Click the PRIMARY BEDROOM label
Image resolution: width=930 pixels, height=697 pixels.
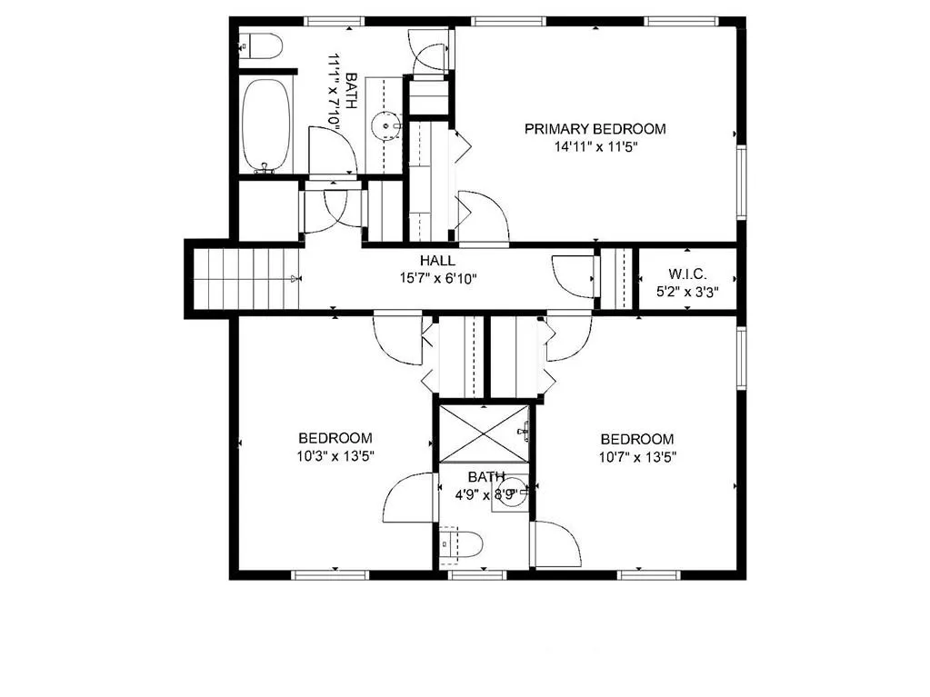[595, 129]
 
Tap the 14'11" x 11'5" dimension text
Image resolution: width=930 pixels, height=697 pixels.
[595, 147]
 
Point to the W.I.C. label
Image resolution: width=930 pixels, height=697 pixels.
[687, 274]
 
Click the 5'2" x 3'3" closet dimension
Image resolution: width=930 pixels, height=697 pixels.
[687, 293]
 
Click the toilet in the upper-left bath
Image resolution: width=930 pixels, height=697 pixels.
[262, 44]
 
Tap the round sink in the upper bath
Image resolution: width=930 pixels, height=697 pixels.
[388, 125]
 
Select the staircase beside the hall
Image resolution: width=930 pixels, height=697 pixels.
[246, 279]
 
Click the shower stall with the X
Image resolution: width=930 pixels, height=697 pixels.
[485, 433]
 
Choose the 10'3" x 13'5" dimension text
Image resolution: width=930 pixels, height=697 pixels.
[335, 456]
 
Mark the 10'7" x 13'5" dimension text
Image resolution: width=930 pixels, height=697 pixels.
[637, 456]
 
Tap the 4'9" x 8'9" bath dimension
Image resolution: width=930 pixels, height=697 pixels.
[485, 495]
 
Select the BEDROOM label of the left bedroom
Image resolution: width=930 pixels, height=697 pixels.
[335, 438]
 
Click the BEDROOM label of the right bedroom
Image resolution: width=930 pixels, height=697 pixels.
[637, 438]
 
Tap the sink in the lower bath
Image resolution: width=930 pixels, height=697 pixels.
[512, 493]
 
